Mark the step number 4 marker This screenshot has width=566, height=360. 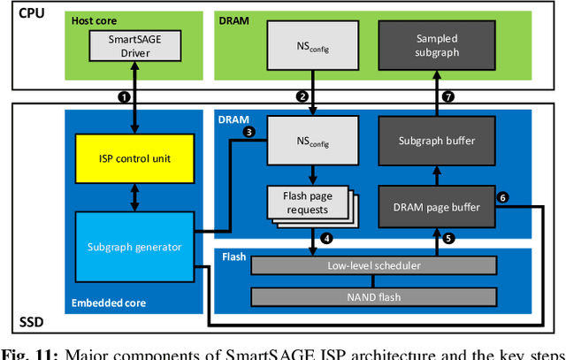(x=326, y=238)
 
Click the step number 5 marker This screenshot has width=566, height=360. (x=447, y=238)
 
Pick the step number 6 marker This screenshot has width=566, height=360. (x=502, y=198)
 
